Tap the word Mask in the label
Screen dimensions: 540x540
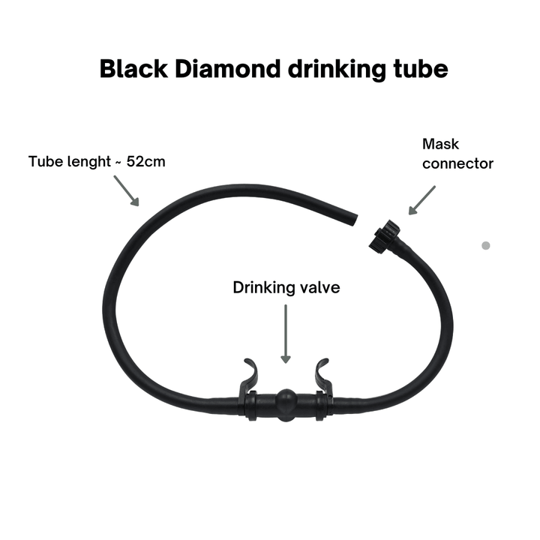tap(440, 144)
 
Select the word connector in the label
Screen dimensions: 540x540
tap(457, 163)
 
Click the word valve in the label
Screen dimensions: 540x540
tap(319, 287)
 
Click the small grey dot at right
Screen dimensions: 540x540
tap(485, 245)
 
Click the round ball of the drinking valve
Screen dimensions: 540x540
tap(284, 405)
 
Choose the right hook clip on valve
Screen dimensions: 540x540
tap(320, 375)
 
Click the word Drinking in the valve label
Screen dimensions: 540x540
tap(260, 287)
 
